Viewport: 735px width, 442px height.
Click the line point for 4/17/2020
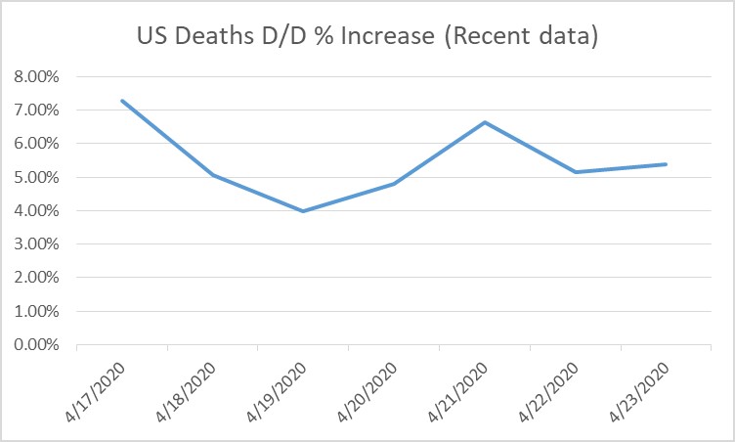[x=122, y=100]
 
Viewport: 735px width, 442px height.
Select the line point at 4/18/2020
[x=213, y=176]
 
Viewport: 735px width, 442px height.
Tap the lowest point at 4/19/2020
[x=304, y=211]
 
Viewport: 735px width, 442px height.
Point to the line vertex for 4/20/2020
[x=394, y=184]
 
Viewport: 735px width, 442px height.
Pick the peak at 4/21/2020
[x=485, y=122]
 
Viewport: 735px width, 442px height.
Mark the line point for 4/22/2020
[x=576, y=172]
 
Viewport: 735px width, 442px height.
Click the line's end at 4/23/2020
[x=667, y=164]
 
